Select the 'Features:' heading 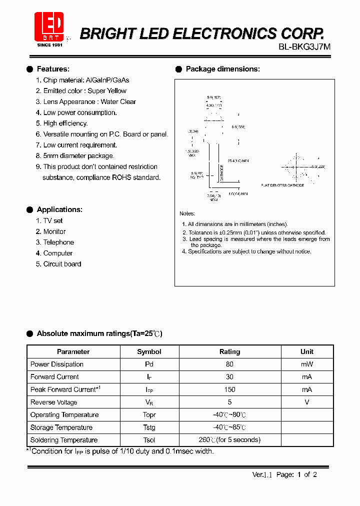[53, 69]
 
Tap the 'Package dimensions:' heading [222, 69]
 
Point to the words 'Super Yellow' [107, 91]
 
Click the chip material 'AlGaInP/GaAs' [107, 80]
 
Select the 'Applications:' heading [59, 209]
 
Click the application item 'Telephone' [58, 242]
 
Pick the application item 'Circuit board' [62, 264]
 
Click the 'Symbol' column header [149, 351]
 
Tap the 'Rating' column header [229, 351]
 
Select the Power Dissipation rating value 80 [229, 364]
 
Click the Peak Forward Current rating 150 [229, 389]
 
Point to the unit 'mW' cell [306, 364]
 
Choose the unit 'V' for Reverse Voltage [306, 402]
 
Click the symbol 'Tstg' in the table [149, 427]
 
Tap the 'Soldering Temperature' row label [63, 440]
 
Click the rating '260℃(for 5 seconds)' [229, 440]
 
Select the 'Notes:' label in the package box [187, 213]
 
